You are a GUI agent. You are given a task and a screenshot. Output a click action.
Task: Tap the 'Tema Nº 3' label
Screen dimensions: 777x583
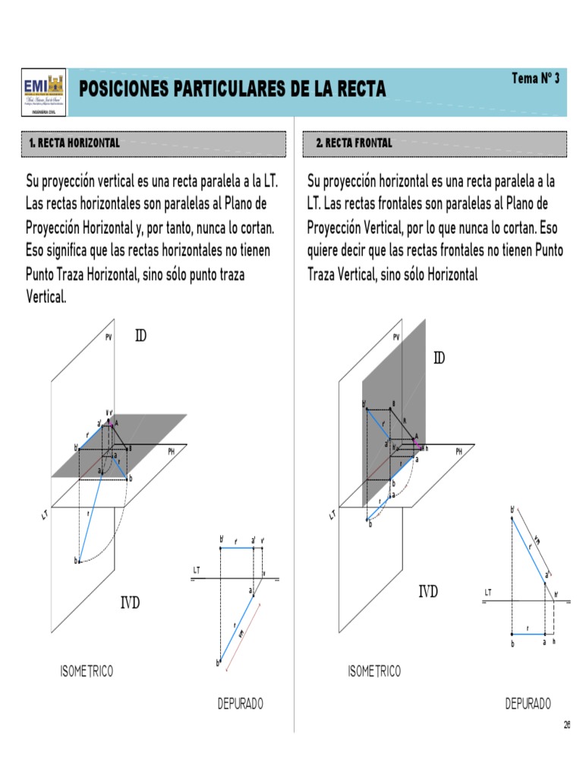[x=536, y=78]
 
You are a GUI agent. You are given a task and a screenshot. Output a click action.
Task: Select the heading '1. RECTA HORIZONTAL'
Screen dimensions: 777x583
[x=74, y=143]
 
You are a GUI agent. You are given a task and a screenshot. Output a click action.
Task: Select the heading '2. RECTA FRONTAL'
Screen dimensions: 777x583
[x=355, y=143]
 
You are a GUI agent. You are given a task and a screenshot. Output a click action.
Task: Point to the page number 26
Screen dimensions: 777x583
[x=566, y=725]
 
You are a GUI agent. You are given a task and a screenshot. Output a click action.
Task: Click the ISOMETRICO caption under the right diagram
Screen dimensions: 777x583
[x=374, y=671]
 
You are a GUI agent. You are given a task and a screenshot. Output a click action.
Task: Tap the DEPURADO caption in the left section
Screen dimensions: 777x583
[x=241, y=703]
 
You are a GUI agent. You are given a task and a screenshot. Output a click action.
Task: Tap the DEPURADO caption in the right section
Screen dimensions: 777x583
[x=528, y=703]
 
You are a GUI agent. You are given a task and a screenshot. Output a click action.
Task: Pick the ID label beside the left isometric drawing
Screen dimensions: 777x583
[x=140, y=335]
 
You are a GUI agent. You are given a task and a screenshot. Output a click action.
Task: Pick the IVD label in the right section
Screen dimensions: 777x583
[x=429, y=592]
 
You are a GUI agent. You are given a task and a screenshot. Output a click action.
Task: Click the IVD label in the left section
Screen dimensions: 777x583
[x=130, y=604]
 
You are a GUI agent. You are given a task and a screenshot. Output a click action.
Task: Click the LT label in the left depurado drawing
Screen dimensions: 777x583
[x=197, y=569]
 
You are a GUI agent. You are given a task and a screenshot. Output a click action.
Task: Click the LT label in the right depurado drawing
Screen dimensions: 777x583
[x=488, y=592]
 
